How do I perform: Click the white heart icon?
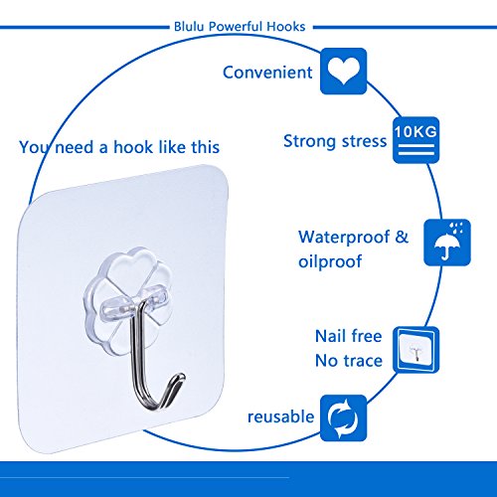tap(344, 71)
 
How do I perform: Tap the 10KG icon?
tap(415, 140)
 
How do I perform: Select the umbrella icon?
tap(447, 243)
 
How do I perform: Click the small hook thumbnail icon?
tap(415, 350)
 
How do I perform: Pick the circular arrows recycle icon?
tap(343, 418)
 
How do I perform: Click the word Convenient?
tap(267, 73)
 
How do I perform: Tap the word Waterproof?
tap(344, 238)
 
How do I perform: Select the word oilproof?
tap(330, 261)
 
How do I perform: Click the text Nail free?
tap(349, 336)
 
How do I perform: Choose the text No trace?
tap(349, 361)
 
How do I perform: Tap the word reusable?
tap(281, 416)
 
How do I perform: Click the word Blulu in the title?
tap(189, 27)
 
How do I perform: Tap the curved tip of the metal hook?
tap(178, 380)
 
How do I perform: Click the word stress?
tap(364, 141)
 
